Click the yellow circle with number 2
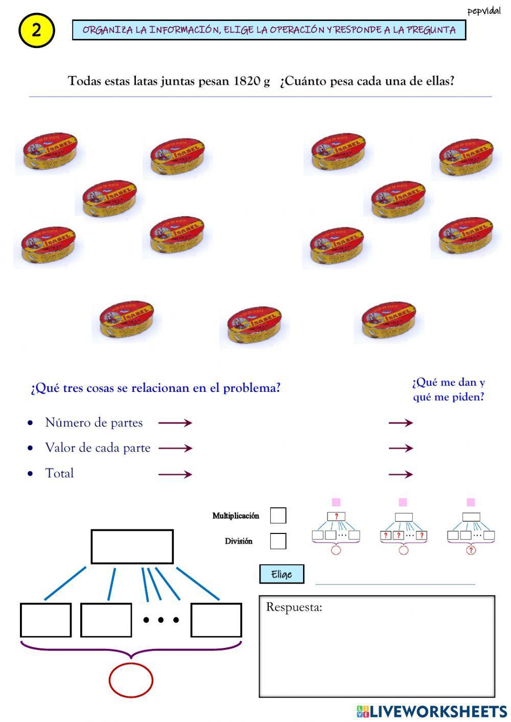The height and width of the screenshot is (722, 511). coord(36,31)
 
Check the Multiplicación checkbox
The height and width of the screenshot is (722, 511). coord(278,515)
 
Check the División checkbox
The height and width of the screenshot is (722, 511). coord(278,541)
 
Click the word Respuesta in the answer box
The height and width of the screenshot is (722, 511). coord(294,607)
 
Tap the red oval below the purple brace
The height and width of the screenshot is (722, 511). coord(131,680)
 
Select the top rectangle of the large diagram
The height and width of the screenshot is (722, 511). coord(132,546)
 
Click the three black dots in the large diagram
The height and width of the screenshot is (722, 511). coord(161,620)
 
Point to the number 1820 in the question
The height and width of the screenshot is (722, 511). coord(247,81)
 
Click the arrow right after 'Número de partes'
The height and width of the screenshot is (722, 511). coord(175,423)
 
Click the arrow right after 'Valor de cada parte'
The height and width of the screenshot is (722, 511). coord(175,448)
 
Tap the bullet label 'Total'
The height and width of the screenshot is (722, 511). coord(59,473)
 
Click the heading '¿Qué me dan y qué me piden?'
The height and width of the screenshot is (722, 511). coord(448,389)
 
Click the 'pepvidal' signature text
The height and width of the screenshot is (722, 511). coord(483,11)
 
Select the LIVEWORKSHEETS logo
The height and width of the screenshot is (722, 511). coord(432,711)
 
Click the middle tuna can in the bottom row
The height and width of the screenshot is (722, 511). coord(253,325)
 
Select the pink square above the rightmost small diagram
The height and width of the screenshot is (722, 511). coord(471,502)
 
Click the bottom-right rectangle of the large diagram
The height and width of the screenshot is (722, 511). coord(216,620)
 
